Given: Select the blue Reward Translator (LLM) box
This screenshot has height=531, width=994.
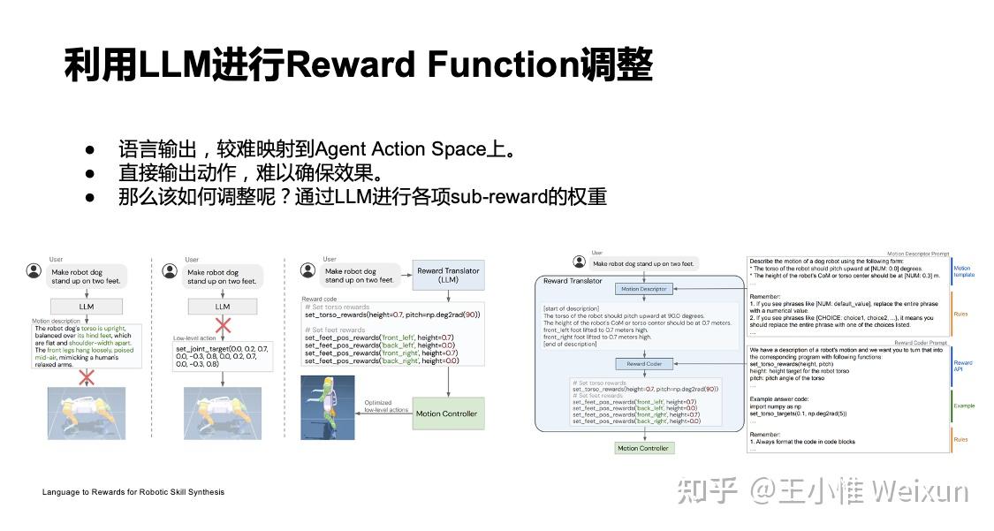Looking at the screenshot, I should point(448,276).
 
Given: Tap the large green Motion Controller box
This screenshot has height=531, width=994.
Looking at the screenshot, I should point(448,413).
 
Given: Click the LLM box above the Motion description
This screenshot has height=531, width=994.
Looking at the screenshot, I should point(87,306).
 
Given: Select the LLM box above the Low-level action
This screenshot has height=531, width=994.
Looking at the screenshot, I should point(223,306).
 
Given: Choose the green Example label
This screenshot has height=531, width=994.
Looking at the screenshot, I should point(963,406).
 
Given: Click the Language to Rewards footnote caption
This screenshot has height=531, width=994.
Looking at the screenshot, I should point(133,492).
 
